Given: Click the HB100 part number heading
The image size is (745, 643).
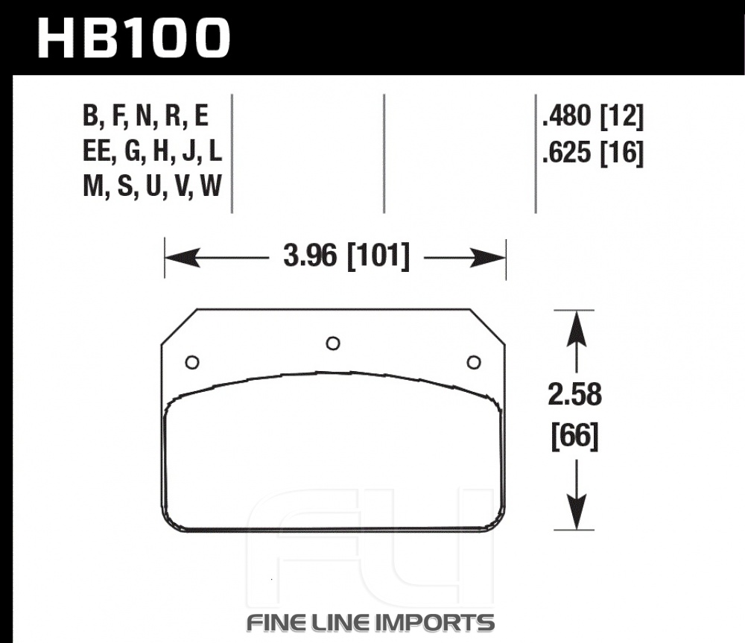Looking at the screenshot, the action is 133,39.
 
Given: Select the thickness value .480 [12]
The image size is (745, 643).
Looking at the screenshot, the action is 593,116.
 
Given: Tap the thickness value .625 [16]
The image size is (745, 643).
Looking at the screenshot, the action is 593,153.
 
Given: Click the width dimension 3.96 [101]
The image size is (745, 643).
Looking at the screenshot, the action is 346,256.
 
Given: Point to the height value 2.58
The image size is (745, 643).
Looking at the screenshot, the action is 575,395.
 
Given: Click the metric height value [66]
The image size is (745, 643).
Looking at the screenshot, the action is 575,436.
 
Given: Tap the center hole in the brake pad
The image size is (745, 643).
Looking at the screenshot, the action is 332,343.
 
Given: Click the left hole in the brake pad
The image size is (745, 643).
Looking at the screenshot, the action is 192,363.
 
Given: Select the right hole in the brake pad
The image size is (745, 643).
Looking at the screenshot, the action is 474,363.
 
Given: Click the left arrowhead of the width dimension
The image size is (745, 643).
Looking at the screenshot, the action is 183,258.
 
